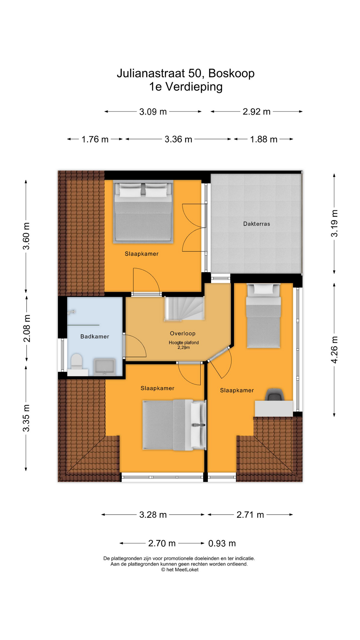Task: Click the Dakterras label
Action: (x=256, y=224)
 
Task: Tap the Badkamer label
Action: (x=95, y=336)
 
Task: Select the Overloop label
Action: (x=182, y=333)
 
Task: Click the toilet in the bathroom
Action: (x=76, y=362)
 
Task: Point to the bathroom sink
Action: (x=105, y=367)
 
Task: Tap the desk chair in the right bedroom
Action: (x=274, y=395)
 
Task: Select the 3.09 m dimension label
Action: (x=153, y=112)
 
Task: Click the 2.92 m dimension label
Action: (x=256, y=112)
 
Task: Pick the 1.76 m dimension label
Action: (x=95, y=139)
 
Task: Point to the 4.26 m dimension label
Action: (x=334, y=350)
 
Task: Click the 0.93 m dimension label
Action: (x=222, y=543)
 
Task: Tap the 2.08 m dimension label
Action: (x=27, y=328)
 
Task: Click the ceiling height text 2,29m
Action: (x=184, y=347)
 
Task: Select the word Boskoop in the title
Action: (x=231, y=73)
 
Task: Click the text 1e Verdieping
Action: (x=186, y=87)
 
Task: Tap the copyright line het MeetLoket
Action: (x=180, y=570)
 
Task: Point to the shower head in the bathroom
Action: (x=71, y=312)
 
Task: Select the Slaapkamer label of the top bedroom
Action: (x=142, y=254)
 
